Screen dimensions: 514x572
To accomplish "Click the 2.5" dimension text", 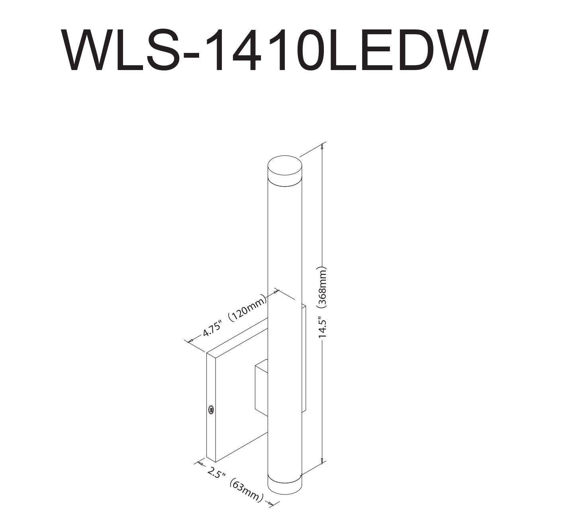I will pyautogui.click(x=216, y=473).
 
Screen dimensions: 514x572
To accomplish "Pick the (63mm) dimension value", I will pyautogui.click(x=246, y=490).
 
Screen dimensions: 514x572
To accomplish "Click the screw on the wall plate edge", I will pyautogui.click(x=211, y=409).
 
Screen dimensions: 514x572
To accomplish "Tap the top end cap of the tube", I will pyautogui.click(x=284, y=167).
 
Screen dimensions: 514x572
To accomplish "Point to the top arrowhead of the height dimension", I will pyautogui.click(x=322, y=146).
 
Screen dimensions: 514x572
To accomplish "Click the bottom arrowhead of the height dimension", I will pyautogui.click(x=322, y=461).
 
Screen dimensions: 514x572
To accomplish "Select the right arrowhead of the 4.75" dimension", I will pyautogui.click(x=275, y=292).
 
